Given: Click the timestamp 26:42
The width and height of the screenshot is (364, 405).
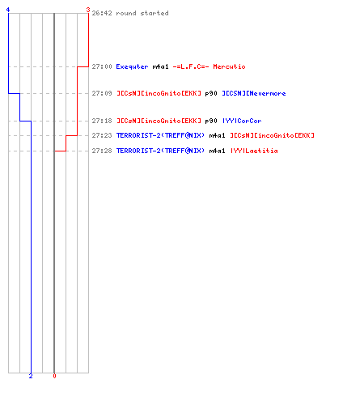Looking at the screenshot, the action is tap(102, 13).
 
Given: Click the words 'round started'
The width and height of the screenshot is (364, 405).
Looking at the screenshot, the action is tap(142, 13).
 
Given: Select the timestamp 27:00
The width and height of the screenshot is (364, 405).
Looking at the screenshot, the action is tap(102, 66).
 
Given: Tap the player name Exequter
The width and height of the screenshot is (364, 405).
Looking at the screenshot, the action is tap(132, 66).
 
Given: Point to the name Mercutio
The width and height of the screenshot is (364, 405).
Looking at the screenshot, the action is tap(229, 66).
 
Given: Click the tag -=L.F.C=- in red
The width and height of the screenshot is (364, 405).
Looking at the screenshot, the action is tap(191, 66).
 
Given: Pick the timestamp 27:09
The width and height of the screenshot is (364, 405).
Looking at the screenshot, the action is tap(102, 93).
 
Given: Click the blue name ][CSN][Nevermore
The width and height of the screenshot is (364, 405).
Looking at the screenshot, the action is tap(254, 93).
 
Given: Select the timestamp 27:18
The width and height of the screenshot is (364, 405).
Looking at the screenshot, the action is tap(102, 121).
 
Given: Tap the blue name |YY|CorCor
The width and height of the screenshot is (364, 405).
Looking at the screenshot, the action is tap(242, 121).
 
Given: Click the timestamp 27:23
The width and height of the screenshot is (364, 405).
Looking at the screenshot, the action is tap(102, 135).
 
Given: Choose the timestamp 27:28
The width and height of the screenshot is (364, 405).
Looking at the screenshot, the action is tap(102, 151).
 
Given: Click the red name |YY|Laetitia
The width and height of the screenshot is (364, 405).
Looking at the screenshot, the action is tap(254, 151).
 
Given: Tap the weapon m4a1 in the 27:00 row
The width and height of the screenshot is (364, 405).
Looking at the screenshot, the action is tap(160, 66).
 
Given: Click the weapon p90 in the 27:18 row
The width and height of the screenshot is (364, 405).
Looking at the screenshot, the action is tap(211, 121).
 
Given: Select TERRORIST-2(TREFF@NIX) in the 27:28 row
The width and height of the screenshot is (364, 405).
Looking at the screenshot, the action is tap(160, 151).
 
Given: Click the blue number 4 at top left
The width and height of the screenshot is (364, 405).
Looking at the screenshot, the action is tap(8, 10).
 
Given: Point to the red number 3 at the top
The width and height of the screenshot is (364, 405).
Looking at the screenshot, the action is tap(88, 10).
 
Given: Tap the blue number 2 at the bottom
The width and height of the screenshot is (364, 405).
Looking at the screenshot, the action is tap(31, 376).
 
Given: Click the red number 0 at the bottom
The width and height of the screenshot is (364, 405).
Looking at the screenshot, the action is tap(54, 376).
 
